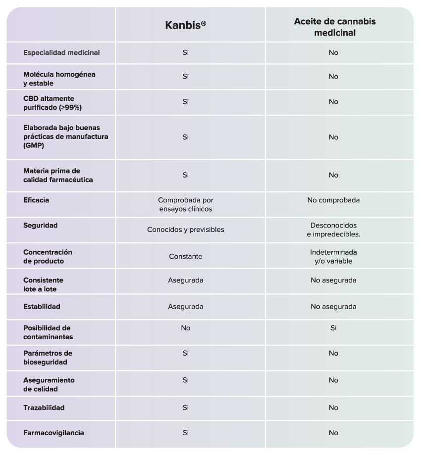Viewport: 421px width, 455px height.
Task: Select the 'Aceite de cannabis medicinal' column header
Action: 335,27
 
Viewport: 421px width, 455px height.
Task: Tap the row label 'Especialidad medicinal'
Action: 61,53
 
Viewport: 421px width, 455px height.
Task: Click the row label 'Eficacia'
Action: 36,200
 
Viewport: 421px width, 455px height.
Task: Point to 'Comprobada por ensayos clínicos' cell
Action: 186,205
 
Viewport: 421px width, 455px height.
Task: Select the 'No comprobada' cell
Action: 333,200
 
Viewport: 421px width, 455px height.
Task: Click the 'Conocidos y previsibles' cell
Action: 186,229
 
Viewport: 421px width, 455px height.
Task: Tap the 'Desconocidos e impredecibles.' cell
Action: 333,229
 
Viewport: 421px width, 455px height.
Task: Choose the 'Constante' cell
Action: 186,257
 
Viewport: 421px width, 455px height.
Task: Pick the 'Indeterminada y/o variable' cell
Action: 333,257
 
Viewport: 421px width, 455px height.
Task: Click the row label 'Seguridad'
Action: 41,226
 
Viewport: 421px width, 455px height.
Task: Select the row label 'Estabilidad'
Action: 42,307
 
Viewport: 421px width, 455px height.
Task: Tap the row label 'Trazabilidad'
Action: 44,408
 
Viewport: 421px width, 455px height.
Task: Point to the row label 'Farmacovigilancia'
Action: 53,433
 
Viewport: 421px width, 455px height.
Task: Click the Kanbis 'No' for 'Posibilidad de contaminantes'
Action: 186,328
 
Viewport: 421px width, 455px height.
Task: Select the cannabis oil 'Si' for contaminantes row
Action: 333,328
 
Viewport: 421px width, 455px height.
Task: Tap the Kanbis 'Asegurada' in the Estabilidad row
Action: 186,307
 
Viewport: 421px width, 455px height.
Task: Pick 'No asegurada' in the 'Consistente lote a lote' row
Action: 333,280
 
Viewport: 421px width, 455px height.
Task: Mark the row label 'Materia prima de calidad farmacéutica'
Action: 58,175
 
